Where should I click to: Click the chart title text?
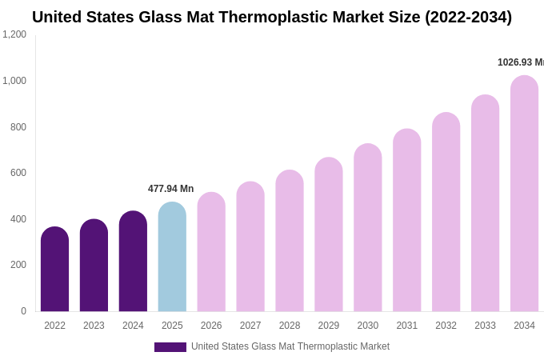tap(272, 17)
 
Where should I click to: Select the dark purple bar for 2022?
tap(54, 270)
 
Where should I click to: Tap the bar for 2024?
tap(133, 262)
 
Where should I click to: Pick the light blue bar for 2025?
tap(172, 257)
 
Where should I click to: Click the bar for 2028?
tap(290, 241)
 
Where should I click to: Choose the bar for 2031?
tap(407, 220)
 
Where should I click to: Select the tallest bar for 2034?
tap(524, 194)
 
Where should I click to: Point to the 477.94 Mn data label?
tap(170, 189)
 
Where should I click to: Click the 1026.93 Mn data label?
tap(520, 62)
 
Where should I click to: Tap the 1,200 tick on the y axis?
tap(14, 34)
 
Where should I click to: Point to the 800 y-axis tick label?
tap(18, 127)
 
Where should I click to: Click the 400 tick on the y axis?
tap(18, 219)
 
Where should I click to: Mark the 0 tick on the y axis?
tap(23, 311)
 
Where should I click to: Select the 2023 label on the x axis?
tap(94, 326)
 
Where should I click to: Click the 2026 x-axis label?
tap(211, 326)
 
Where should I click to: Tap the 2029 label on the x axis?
tap(329, 326)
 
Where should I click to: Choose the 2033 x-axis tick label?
tap(485, 326)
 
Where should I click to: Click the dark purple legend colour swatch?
tap(170, 347)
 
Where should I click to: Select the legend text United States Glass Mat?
tap(290, 346)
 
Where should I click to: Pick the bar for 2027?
tap(250, 246)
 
